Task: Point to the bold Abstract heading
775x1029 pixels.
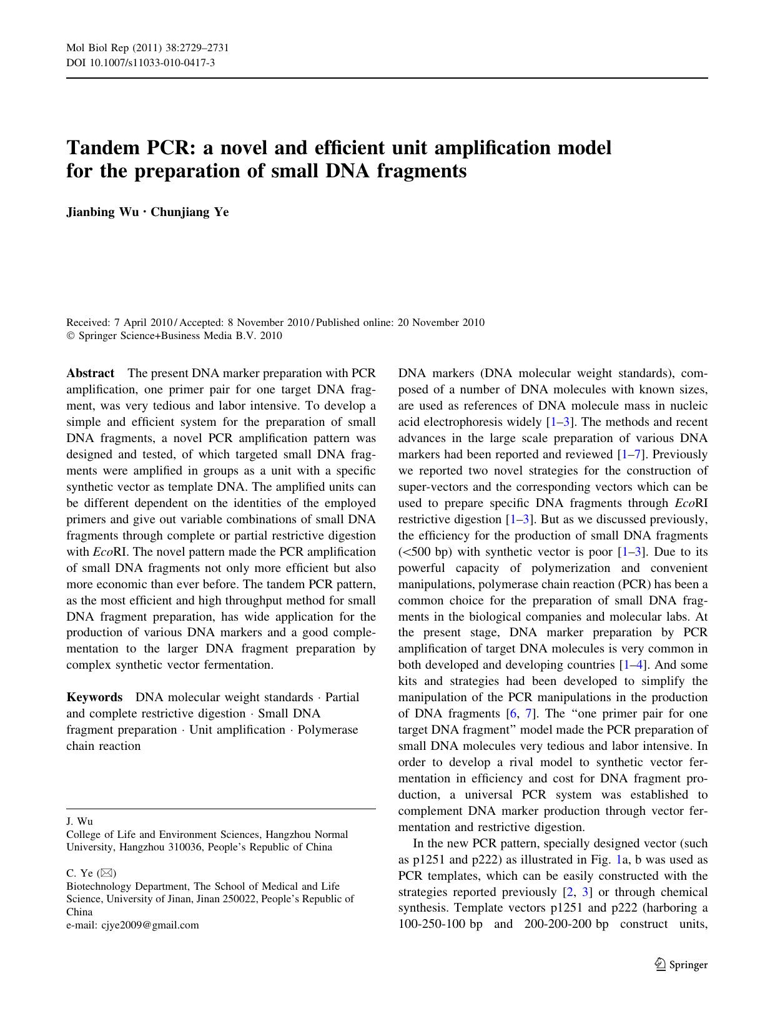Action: pos(90,373)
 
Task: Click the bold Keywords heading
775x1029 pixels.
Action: pos(94,697)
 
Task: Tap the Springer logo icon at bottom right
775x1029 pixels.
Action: pos(661,964)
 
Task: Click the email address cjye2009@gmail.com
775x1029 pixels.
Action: pos(150,925)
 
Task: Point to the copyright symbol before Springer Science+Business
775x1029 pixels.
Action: pos(70,336)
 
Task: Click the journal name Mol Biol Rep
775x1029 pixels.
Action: pos(96,49)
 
